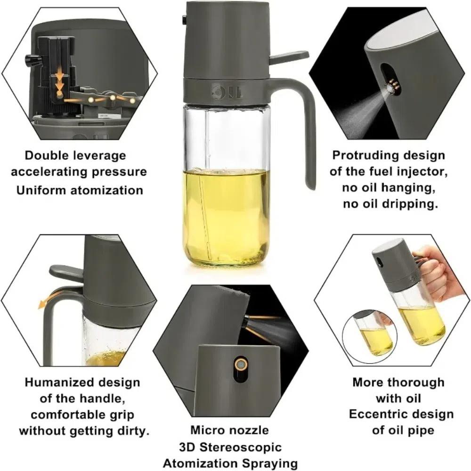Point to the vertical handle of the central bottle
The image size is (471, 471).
[309, 141]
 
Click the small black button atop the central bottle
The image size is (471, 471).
[184, 20]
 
